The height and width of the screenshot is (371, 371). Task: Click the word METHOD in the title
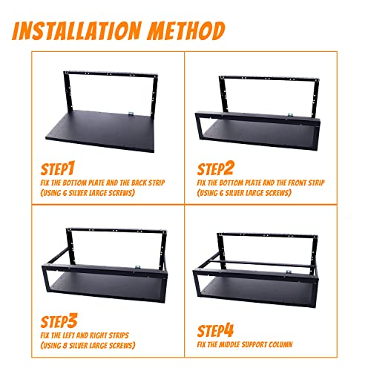click(185, 31)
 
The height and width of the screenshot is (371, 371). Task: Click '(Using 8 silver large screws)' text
click(91, 344)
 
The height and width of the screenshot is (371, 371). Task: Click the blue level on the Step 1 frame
click(130, 113)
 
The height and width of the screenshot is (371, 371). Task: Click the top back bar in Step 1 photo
click(104, 70)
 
